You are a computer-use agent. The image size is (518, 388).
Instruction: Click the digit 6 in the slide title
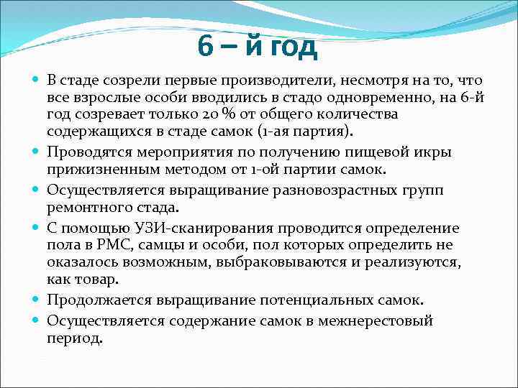pos(205,47)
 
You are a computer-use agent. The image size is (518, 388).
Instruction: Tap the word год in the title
pos(291,47)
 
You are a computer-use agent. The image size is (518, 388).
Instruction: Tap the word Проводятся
pos(88,152)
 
